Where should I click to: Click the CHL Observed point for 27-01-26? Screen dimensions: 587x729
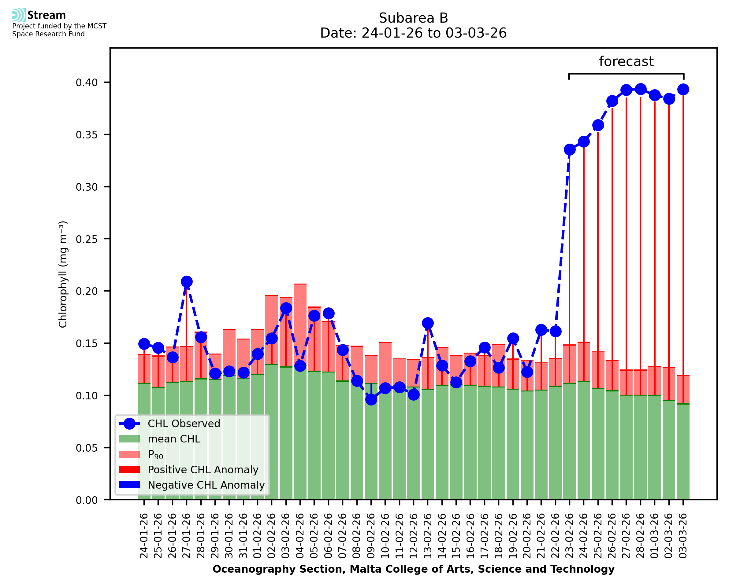coord(187,282)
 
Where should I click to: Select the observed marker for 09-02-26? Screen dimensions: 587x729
coord(371,400)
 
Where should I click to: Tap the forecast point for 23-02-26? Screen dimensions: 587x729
coord(570,149)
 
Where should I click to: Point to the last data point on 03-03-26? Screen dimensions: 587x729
coord(683,90)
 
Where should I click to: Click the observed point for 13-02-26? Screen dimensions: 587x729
coord(428,323)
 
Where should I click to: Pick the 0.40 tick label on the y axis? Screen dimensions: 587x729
coord(87,83)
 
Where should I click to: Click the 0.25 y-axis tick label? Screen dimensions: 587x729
coord(87,239)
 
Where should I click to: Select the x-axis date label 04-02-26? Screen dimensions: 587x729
coord(300,536)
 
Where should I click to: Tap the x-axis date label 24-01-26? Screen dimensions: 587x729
coord(144,536)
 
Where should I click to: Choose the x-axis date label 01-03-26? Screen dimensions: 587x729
coord(655,536)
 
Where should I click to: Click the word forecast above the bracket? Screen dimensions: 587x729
coord(626,61)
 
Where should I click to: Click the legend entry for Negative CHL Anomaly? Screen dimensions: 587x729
coord(206,485)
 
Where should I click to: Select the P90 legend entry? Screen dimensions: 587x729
coord(155,454)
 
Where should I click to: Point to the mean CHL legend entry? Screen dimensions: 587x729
coord(174,439)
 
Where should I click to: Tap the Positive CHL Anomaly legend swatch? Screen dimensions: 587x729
coord(129,470)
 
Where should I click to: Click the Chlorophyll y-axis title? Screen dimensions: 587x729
coord(63,274)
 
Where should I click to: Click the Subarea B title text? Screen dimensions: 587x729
coord(413,18)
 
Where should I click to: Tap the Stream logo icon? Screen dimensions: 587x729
coord(19,15)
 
